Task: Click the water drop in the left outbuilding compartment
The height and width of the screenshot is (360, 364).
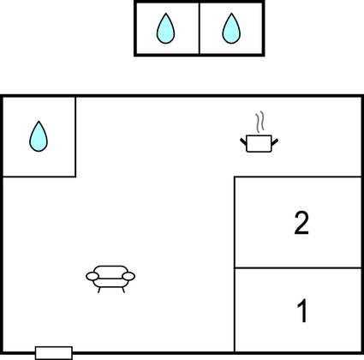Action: click(x=165, y=28)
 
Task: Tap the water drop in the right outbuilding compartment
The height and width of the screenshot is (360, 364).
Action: click(x=231, y=28)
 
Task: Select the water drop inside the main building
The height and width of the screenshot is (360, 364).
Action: click(x=39, y=136)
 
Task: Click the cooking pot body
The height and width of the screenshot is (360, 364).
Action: click(x=259, y=143)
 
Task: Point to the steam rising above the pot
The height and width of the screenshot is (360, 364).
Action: click(x=260, y=122)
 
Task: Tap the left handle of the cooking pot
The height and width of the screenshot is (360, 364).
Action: click(x=243, y=141)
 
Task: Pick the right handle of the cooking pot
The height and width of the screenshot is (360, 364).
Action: click(x=275, y=142)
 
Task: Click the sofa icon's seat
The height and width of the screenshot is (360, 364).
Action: click(x=110, y=283)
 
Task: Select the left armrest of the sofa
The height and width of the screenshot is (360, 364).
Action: click(x=92, y=276)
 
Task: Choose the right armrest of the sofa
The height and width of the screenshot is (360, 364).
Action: click(x=128, y=276)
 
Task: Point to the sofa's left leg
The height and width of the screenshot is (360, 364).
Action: click(x=99, y=290)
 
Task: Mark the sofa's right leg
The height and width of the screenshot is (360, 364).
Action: click(x=123, y=290)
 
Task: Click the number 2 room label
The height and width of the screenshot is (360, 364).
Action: click(x=301, y=223)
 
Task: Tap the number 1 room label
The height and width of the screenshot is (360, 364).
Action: click(x=302, y=310)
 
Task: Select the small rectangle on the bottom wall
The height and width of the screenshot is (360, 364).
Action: click(x=54, y=353)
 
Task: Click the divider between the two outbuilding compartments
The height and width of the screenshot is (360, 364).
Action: click(x=200, y=28)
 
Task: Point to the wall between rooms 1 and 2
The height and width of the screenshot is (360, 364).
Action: click(x=298, y=268)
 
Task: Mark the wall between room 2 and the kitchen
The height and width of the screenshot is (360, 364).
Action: click(x=298, y=177)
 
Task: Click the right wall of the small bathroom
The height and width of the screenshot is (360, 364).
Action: click(x=75, y=137)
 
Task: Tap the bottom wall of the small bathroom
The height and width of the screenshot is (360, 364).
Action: click(x=39, y=177)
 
